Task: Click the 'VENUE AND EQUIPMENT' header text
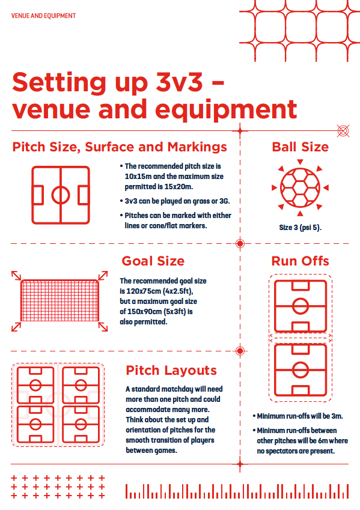[43, 16]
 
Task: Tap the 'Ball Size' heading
[300, 147]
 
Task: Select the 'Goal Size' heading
[153, 261]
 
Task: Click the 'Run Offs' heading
[300, 261]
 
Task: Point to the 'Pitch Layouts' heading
[171, 371]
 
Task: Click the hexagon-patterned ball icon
[300, 187]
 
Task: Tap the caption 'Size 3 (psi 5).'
[300, 227]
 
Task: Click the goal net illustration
[59, 300]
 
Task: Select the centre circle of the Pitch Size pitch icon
[61, 186]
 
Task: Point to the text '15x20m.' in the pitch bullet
[180, 187]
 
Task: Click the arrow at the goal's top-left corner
[16, 275]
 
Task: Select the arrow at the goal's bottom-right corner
[103, 327]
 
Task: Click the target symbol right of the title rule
[343, 131]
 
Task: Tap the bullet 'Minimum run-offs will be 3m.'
[298, 416]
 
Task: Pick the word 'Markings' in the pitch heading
[197, 147]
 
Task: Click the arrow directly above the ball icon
[300, 162]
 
